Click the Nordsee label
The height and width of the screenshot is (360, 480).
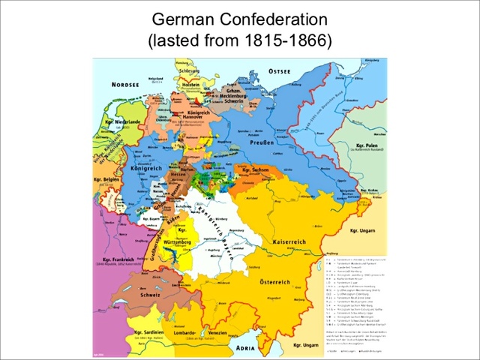126,85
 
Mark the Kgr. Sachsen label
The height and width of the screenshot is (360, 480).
257,172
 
